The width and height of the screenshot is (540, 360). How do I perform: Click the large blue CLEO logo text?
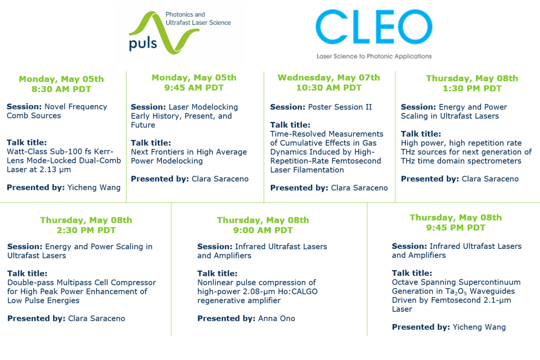pyautogui.click(x=374, y=27)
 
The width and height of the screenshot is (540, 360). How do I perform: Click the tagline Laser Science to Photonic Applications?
pyautogui.click(x=374, y=56)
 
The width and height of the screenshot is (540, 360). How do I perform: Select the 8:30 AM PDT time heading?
pyautogui.click(x=61, y=89)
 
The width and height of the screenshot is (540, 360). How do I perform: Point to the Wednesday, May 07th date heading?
pyautogui.click(x=329, y=78)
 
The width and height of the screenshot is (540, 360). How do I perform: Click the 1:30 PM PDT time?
pyautogui.click(x=472, y=89)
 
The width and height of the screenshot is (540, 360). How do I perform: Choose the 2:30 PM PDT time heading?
pyautogui.click(x=86, y=230)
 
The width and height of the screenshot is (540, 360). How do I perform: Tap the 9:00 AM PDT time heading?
pyautogui.click(x=263, y=230)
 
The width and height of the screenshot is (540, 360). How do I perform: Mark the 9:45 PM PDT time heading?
pyautogui.click(x=455, y=228)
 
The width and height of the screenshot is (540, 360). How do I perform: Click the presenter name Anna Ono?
pyautogui.click(x=276, y=319)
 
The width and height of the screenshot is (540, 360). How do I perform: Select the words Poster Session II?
pyautogui.click(x=340, y=107)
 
